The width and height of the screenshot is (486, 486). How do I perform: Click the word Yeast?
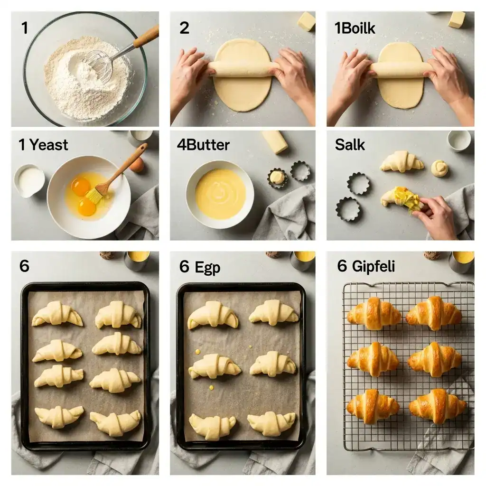click(49, 145)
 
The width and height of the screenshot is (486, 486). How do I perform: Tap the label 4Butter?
click(203, 145)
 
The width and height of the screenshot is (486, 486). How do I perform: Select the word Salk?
click(350, 145)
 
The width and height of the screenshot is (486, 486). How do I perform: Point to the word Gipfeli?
click(373, 266)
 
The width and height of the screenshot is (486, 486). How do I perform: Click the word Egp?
click(206, 267)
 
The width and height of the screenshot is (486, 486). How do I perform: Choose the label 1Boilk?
click(355, 28)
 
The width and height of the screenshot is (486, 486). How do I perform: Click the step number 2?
click(184, 28)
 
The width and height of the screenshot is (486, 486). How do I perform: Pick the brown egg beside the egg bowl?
click(137, 165)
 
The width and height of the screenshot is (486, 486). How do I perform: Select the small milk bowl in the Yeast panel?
click(29, 180)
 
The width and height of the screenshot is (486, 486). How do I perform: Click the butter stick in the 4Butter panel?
click(275, 142)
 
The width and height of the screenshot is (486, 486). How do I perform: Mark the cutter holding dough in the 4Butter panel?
click(277, 177)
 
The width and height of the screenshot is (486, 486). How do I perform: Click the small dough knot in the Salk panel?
click(439, 168)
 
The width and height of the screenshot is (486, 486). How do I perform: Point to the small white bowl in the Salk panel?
click(459, 140)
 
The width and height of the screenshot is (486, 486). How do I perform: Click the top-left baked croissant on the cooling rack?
click(374, 313)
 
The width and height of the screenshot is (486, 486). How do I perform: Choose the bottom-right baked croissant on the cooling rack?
click(437, 406)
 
